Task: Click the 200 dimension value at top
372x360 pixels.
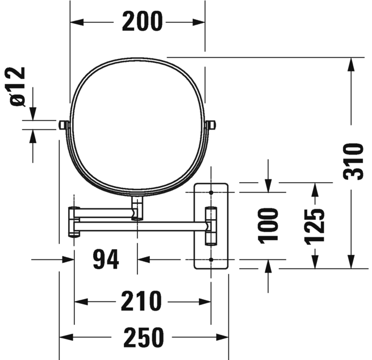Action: pos(142,22)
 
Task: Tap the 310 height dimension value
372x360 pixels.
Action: pos(353,162)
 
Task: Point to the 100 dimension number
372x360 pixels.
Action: pos(268,225)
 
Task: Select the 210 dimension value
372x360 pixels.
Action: pos(141,302)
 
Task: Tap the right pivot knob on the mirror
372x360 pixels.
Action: pos(211,124)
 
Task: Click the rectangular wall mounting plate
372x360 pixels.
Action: pos(211,225)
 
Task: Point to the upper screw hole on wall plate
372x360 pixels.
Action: pos(211,193)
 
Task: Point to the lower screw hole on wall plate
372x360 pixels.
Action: pos(211,259)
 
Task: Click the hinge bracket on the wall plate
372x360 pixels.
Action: pos(211,226)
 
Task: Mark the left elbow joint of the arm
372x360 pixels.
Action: pos(73,221)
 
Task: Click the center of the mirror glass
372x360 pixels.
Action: pos(137,125)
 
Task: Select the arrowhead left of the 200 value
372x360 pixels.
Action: pos(77,22)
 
